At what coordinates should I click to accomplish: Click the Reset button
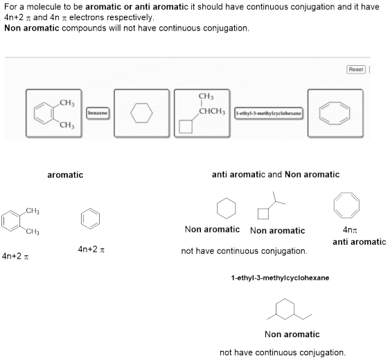(x=356, y=69)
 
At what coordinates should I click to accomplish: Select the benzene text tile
(x=98, y=113)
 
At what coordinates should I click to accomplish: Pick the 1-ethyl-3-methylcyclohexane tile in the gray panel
(x=269, y=114)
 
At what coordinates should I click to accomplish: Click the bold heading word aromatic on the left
(x=65, y=175)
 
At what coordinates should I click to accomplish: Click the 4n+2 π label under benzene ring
(x=91, y=249)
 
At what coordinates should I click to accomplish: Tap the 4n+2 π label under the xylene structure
(x=15, y=256)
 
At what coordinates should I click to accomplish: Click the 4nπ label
(x=350, y=230)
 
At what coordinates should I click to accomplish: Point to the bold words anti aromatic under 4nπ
(x=359, y=242)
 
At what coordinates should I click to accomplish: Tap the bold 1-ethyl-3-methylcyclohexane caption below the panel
(x=280, y=277)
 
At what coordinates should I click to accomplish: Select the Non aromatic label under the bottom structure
(x=292, y=334)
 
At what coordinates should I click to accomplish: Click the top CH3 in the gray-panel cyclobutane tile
(x=206, y=96)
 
